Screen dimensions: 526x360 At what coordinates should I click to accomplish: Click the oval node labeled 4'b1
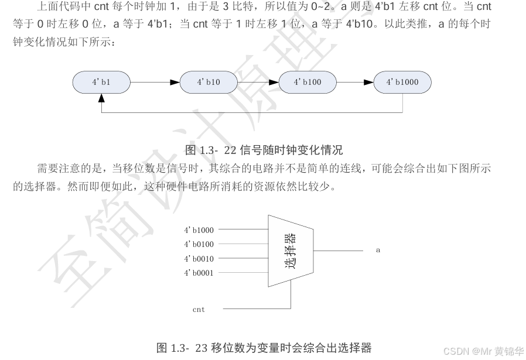(101, 83)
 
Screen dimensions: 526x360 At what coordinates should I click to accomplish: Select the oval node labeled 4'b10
(208, 83)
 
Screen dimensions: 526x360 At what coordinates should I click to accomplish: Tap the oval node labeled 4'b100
(308, 83)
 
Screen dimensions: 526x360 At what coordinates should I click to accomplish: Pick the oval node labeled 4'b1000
(402, 83)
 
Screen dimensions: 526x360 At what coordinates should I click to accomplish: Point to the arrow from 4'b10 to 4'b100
(258, 83)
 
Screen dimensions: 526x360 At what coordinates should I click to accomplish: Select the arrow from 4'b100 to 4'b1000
(355, 83)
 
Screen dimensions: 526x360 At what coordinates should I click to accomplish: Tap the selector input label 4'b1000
(199, 230)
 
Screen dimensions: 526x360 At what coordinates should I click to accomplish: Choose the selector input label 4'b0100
(199, 244)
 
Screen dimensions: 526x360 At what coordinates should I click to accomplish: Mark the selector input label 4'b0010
(199, 258)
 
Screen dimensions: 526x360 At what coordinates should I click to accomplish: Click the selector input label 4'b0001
(199, 272)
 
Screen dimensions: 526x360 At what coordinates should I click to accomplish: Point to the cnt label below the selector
(199, 309)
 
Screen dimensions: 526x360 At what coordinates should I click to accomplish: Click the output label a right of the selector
(378, 250)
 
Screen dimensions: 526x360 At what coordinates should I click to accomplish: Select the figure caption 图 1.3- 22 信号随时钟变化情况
(264, 150)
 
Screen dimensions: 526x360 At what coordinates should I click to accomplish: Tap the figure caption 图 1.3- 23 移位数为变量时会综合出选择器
(264, 348)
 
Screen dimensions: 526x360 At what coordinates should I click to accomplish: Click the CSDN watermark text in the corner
(483, 351)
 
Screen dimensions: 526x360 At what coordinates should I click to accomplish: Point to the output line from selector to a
(340, 250)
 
